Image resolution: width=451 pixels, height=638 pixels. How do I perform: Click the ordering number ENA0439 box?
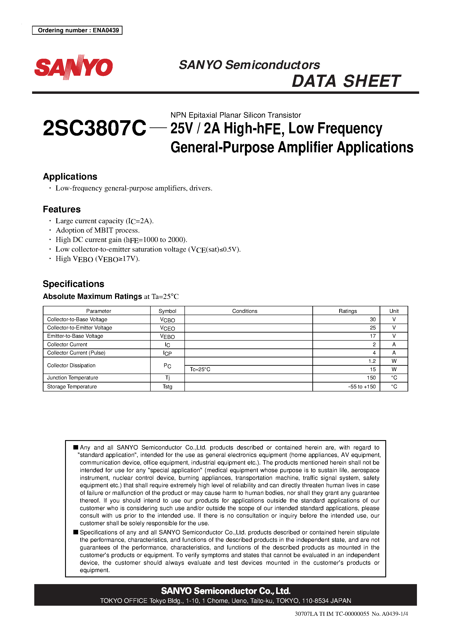pyautogui.click(x=77, y=30)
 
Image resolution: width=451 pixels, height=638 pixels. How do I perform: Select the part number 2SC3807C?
pyautogui.click(x=94, y=128)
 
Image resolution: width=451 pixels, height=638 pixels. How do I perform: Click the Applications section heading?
pyautogui.click(x=70, y=177)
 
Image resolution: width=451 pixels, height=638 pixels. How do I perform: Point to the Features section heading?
pyautogui.click(x=62, y=209)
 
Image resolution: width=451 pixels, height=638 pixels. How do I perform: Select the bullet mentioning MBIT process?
pyautogui.click(x=97, y=230)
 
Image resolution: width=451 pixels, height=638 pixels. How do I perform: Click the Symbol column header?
pyautogui.click(x=167, y=311)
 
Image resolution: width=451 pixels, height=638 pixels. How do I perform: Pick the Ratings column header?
pyautogui.click(x=347, y=311)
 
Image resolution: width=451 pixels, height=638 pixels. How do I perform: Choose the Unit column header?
pyautogui.click(x=394, y=311)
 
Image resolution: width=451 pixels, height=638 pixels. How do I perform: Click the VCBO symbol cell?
pyautogui.click(x=167, y=320)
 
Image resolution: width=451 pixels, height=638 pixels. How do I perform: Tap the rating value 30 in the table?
pyautogui.click(x=373, y=320)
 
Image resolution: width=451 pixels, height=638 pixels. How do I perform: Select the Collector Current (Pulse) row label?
pyautogui.click(x=76, y=353)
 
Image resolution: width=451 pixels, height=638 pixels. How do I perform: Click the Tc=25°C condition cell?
pyautogui.click(x=200, y=370)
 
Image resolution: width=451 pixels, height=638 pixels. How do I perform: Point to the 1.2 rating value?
pyautogui.click(x=372, y=361)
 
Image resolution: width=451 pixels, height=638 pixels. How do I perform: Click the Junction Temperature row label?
pyautogui.click(x=72, y=378)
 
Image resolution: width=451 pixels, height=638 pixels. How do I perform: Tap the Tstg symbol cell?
pyautogui.click(x=167, y=387)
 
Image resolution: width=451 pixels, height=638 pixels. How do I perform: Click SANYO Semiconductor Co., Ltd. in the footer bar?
pyautogui.click(x=225, y=591)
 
